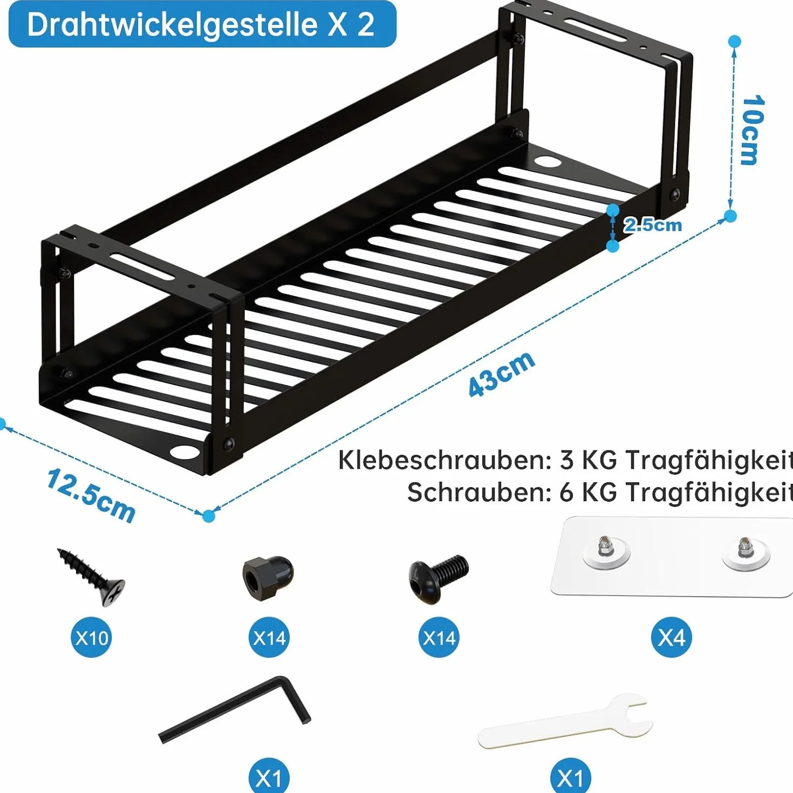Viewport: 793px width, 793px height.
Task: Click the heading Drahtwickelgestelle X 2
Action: point(201,25)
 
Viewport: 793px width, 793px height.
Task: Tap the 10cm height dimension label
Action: point(753,130)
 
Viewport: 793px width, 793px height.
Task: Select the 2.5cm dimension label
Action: point(652,225)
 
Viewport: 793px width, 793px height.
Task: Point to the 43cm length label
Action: point(502,374)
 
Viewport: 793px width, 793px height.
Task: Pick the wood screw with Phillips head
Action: point(91,577)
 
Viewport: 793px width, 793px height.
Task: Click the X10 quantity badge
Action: point(91,638)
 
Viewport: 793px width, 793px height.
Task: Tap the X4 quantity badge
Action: point(671,638)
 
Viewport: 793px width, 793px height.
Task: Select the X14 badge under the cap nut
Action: point(269,638)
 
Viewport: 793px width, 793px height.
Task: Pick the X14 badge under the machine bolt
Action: point(439,638)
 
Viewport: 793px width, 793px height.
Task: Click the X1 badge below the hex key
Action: point(269,776)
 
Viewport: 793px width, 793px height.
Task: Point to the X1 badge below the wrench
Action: point(571,776)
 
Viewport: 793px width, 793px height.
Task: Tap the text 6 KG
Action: point(589,492)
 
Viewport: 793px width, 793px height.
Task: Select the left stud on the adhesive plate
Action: point(606,548)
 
